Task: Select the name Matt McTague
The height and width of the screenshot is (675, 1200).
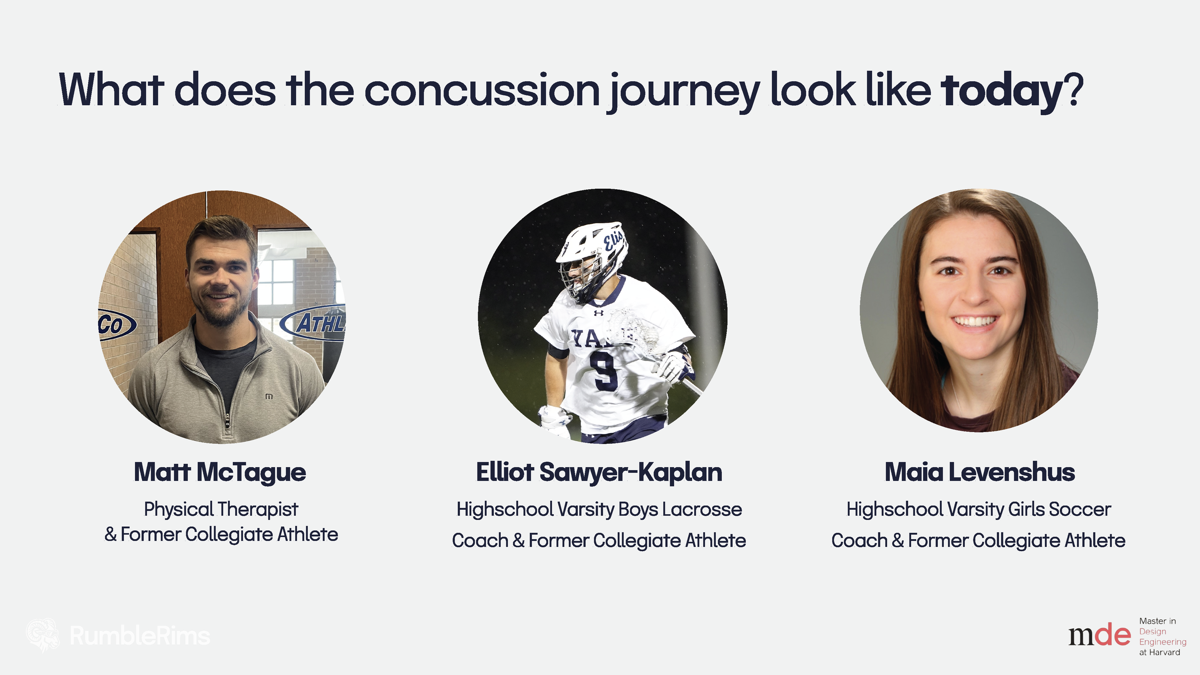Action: point(220,472)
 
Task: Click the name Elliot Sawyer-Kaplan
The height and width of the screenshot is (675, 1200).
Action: point(599,472)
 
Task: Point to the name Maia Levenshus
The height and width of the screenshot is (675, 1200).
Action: point(980,472)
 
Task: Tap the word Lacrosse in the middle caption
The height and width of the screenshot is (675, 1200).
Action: point(702,509)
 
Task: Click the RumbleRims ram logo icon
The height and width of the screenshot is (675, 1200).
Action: point(43,635)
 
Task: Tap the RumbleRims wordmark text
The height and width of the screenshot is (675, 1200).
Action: point(140,636)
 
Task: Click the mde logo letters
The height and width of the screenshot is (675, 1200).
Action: point(1099,635)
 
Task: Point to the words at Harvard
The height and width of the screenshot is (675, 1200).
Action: point(1160,652)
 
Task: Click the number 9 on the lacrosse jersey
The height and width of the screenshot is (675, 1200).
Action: point(603,370)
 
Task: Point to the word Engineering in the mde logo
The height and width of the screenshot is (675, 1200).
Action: point(1163,642)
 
